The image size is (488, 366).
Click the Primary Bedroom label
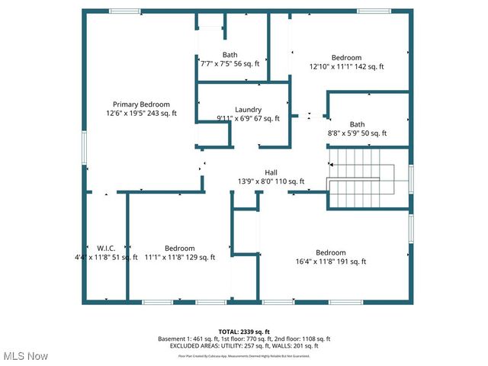click(141, 104)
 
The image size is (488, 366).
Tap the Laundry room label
click(248, 110)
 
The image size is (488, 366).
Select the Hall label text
click(271, 172)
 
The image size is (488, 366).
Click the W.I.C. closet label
click(105, 249)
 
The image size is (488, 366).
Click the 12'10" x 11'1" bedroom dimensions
click(345, 67)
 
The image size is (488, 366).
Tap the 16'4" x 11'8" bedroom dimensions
click(331, 262)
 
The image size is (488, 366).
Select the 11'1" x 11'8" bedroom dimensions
click(179, 258)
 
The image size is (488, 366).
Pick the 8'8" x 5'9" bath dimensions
click(357, 133)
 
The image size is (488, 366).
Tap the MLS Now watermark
click(26, 356)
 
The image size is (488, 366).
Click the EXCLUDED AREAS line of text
click(243, 346)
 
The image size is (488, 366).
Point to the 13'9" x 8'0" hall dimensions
click(271, 181)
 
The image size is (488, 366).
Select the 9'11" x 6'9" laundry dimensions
click(248, 119)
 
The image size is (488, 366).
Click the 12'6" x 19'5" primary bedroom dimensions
click(141, 114)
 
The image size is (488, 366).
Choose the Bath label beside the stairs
click(357, 124)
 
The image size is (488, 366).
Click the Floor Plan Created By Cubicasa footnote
click(243, 355)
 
